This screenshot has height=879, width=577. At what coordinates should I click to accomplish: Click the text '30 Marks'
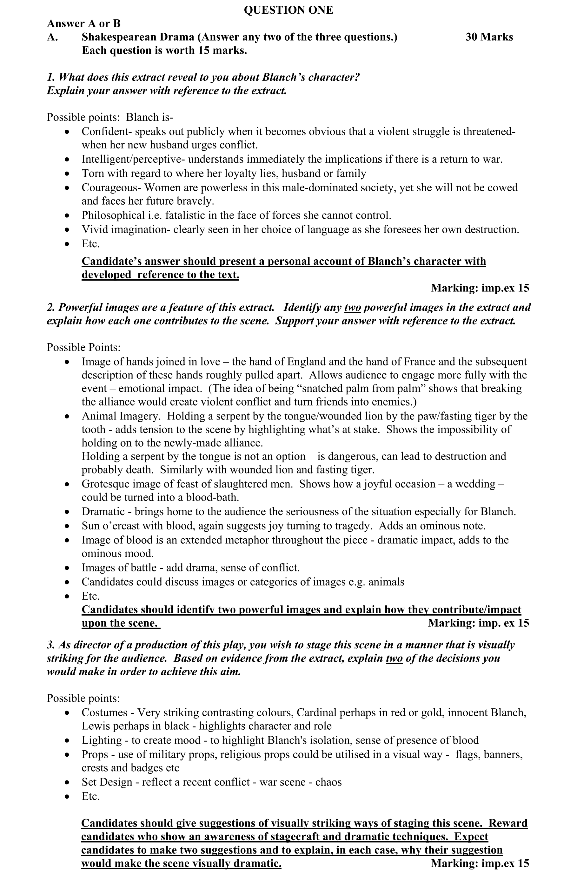click(489, 37)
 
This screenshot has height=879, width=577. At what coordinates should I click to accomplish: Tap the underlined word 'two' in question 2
click(352, 307)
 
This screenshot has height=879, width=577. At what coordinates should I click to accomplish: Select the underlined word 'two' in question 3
click(394, 658)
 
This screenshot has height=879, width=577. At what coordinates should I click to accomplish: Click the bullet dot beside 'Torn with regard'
click(67, 174)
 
